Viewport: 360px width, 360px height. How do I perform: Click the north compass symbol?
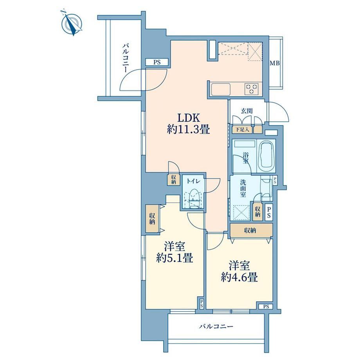[x=72, y=23]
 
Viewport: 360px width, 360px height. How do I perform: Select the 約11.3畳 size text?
[x=188, y=130]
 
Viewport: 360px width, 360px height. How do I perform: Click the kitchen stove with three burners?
[x=251, y=88]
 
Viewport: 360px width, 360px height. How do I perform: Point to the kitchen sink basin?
[x=221, y=89]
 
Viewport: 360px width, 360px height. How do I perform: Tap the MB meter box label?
[x=274, y=63]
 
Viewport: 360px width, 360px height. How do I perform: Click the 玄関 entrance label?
[x=247, y=111]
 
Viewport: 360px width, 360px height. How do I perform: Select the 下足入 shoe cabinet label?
[x=242, y=130]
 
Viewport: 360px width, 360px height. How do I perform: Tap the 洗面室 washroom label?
[x=243, y=189]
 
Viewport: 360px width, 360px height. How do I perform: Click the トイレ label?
[x=193, y=181]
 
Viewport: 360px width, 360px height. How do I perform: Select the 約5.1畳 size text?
[x=175, y=259]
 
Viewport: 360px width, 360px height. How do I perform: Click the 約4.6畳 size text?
[x=239, y=277]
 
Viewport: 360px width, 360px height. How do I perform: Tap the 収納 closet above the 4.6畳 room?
[x=251, y=230]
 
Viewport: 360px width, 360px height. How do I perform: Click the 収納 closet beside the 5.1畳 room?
[x=152, y=219]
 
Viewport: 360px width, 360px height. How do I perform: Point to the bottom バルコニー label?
[x=216, y=326]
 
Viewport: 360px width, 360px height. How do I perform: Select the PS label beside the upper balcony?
[x=157, y=62]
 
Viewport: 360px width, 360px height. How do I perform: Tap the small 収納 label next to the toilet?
[x=173, y=180]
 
